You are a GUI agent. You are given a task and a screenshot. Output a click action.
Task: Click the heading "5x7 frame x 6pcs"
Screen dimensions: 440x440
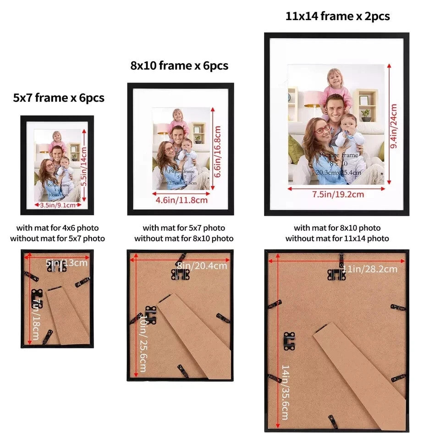(x=59, y=98)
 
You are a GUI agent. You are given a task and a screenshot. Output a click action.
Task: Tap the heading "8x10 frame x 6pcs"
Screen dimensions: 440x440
(x=179, y=66)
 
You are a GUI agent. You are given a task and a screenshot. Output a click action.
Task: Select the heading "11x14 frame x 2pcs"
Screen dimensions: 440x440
(x=337, y=16)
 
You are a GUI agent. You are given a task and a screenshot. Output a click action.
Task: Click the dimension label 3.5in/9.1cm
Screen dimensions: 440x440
(x=57, y=205)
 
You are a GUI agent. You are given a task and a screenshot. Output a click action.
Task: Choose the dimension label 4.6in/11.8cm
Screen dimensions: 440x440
(x=181, y=200)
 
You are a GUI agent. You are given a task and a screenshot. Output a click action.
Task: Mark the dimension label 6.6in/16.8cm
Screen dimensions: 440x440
(x=218, y=152)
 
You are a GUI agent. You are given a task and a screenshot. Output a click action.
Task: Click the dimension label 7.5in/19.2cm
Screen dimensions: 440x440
(x=338, y=194)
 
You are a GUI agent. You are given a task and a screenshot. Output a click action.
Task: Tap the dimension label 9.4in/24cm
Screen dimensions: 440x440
(x=393, y=126)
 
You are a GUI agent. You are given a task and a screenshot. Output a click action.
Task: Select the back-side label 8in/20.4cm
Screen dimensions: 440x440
(x=202, y=266)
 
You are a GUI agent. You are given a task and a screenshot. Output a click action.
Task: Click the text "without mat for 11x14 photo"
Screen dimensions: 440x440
(x=337, y=238)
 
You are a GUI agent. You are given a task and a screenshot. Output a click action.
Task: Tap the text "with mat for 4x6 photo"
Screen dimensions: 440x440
(x=57, y=228)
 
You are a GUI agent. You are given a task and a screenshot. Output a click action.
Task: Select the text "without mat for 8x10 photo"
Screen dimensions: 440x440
(x=184, y=238)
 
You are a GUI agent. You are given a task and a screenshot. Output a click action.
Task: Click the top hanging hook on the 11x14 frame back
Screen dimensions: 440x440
(x=336, y=274)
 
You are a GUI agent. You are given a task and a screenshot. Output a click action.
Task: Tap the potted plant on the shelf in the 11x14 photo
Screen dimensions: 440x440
(x=365, y=114)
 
